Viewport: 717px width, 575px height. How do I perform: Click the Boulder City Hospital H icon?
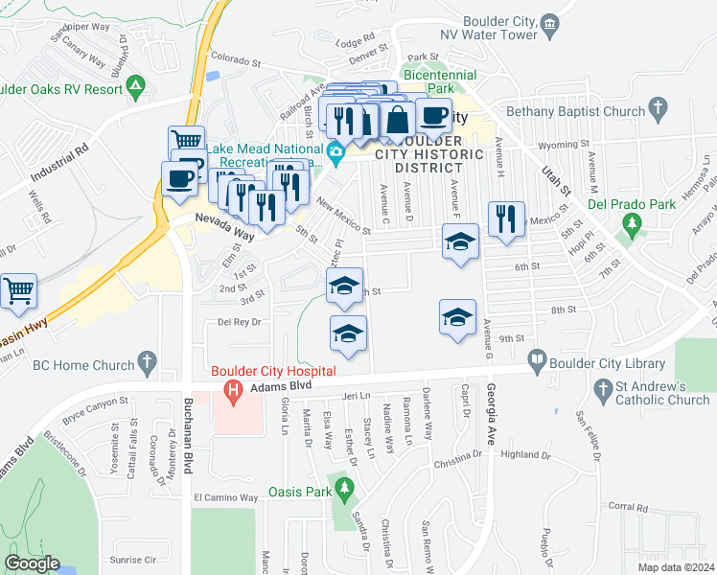pyautogui.click(x=230, y=390)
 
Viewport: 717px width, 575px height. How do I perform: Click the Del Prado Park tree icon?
pyautogui.click(x=631, y=225)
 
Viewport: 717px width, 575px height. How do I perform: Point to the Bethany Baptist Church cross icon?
pyautogui.click(x=658, y=109)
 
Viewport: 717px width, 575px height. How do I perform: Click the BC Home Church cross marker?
pyautogui.click(x=146, y=362)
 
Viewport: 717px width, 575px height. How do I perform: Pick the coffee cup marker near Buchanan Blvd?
pyautogui.click(x=179, y=178)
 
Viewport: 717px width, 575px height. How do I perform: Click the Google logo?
pyautogui.click(x=32, y=563)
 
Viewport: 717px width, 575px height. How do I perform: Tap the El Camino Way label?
pyautogui.click(x=226, y=498)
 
